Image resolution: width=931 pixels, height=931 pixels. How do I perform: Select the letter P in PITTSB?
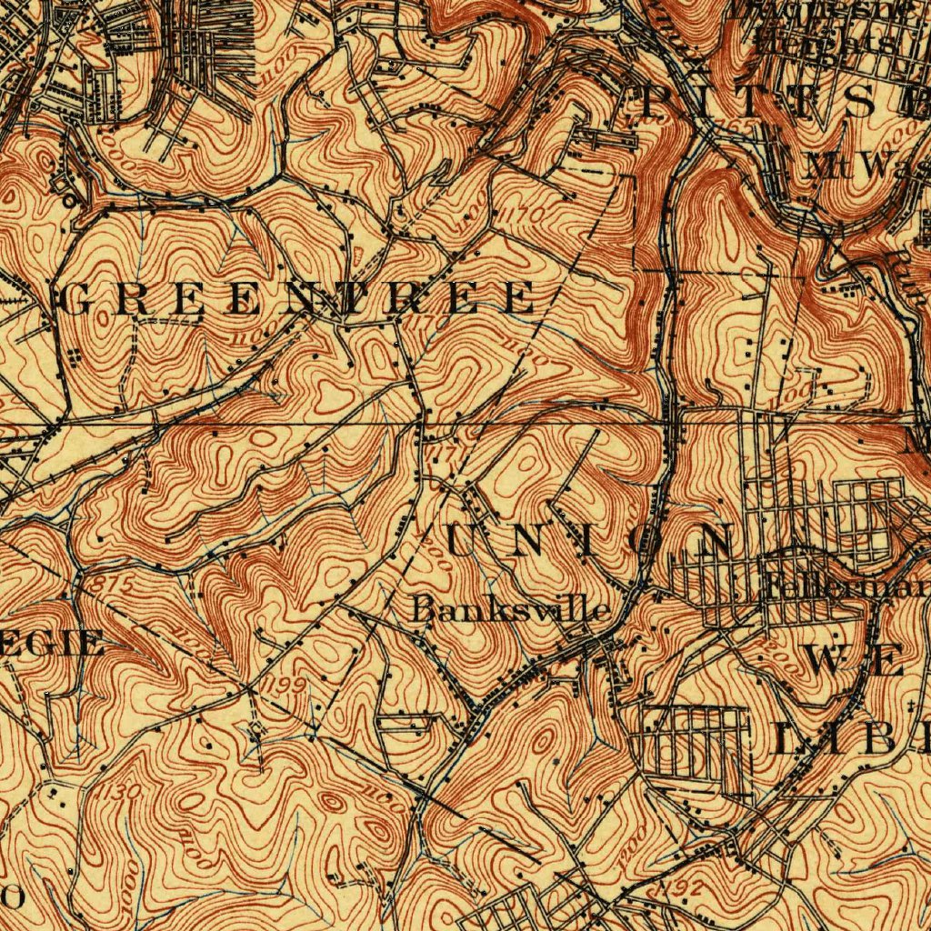point(656,103)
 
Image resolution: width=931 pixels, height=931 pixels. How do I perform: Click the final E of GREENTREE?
point(519,299)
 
